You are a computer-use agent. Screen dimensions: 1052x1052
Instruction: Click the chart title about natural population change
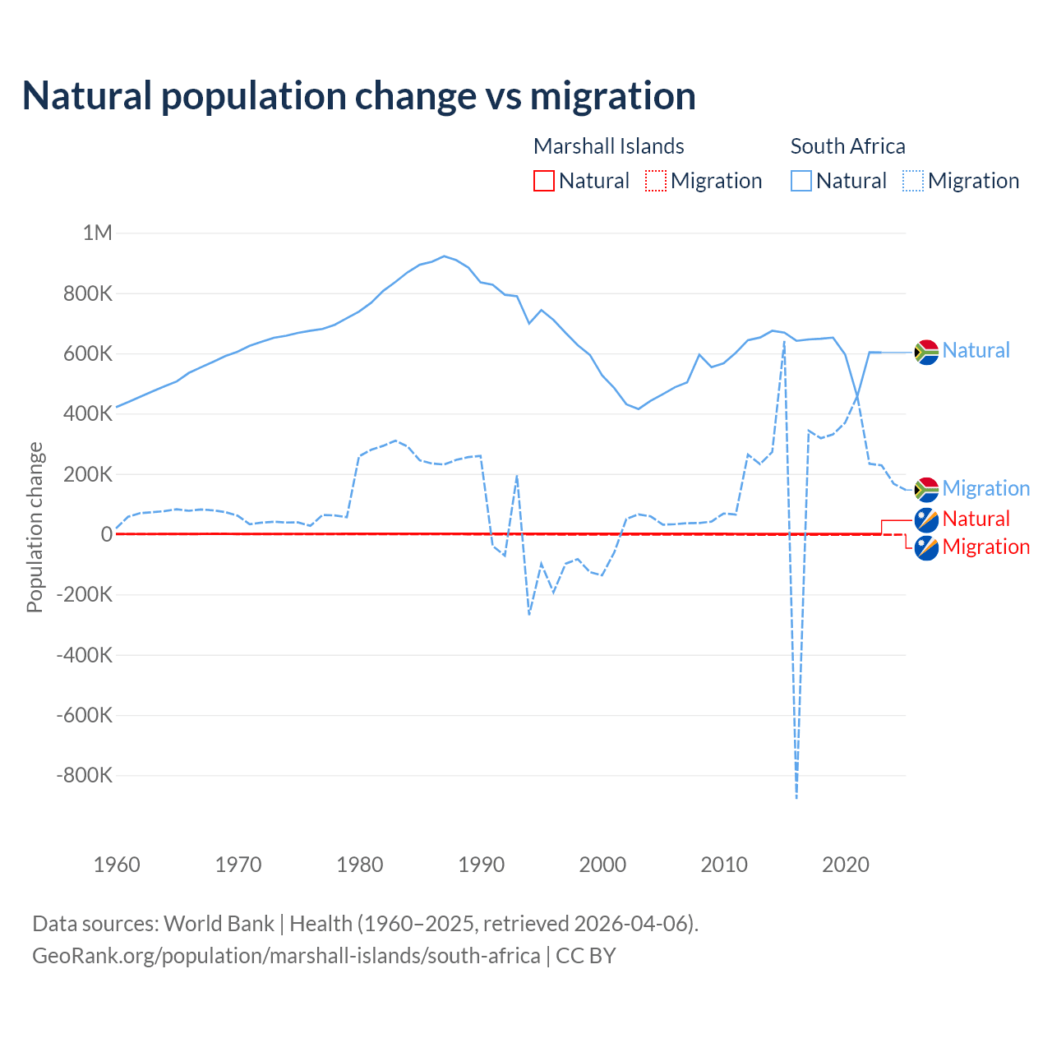point(359,95)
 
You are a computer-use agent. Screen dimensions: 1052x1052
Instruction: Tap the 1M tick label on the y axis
point(97,233)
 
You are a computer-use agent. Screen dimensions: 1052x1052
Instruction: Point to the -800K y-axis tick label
point(85,775)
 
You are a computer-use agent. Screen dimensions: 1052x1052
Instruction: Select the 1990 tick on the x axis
point(482,865)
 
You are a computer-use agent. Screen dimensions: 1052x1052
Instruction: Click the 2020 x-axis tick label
point(846,865)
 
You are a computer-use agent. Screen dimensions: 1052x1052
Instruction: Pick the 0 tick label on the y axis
point(107,534)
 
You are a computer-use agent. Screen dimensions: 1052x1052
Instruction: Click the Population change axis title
point(35,527)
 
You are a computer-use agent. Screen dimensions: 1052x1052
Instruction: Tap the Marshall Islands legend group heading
point(608,146)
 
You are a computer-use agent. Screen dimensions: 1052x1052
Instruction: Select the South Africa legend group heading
point(847,146)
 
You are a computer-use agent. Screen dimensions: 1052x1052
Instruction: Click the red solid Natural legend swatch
point(544,181)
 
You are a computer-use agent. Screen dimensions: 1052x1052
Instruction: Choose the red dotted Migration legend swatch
point(656,181)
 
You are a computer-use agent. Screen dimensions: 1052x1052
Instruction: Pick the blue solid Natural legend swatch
point(801,181)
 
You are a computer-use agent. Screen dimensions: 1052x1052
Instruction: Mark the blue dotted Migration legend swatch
point(913,181)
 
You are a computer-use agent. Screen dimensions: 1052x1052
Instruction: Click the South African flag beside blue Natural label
point(926,352)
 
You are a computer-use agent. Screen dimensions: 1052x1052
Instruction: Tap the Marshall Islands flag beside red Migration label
point(926,547)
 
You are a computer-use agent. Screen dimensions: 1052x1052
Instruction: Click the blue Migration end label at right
point(985,488)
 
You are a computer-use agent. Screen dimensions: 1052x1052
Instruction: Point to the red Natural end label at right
point(976,519)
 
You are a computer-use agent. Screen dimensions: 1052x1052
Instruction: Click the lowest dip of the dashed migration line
point(796,796)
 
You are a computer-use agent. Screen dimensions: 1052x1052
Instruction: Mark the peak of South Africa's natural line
point(445,256)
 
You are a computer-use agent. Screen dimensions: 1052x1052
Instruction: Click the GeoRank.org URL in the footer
point(286,956)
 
